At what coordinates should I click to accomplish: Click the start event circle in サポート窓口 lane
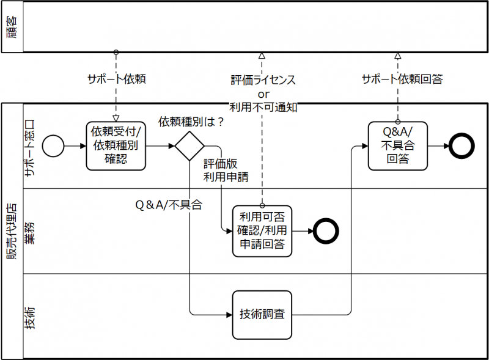(54, 146)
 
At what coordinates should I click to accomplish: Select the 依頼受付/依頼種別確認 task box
(116, 146)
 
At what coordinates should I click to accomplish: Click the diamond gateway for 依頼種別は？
(189, 147)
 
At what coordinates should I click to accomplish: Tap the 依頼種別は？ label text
(191, 122)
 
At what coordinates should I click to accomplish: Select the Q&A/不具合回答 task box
(397, 146)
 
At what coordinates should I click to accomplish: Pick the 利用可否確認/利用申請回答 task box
(262, 230)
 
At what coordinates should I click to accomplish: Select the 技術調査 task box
(262, 315)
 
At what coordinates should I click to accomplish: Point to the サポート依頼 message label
(116, 79)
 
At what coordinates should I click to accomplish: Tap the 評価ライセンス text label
(263, 80)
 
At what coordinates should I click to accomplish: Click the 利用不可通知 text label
(263, 107)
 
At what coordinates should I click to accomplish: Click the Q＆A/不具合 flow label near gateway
(168, 205)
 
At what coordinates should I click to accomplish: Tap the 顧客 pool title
(12, 27)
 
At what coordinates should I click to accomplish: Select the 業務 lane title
(31, 231)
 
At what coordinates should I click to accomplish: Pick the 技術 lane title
(31, 316)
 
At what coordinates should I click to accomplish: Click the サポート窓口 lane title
(31, 146)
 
